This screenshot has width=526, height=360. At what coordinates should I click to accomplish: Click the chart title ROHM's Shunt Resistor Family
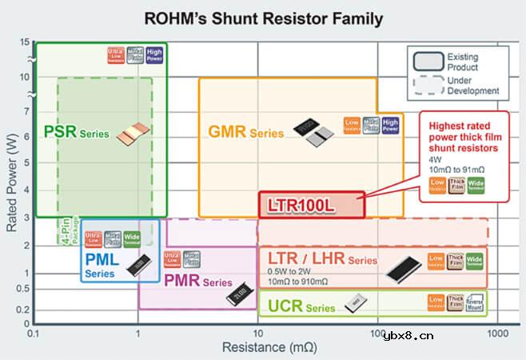tap(262, 18)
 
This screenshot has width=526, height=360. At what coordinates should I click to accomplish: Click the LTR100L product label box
tap(310, 204)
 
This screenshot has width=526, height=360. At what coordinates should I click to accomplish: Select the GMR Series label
tap(245, 131)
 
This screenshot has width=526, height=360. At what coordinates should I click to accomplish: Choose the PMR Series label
tap(198, 282)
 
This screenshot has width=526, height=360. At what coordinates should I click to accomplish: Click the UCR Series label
tap(290, 306)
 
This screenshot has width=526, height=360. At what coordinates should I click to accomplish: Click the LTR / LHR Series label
tap(318, 260)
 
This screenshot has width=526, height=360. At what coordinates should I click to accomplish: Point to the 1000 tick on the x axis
tap(497, 331)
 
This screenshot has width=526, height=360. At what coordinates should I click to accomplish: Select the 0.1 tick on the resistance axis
tap(34, 331)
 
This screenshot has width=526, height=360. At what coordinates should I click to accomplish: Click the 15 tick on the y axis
tap(25, 42)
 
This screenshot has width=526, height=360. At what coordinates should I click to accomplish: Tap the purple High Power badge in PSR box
tap(154, 54)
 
